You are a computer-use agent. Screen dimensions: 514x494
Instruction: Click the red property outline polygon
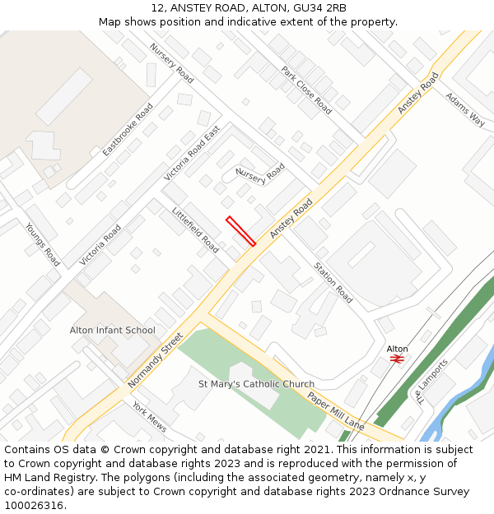[240, 231]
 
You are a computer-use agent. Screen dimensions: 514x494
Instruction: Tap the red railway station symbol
[396, 359]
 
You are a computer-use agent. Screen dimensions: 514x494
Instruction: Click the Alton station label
[397, 349]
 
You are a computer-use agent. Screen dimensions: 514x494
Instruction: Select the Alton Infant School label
[112, 331]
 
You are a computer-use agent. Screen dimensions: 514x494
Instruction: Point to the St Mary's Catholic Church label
[256, 384]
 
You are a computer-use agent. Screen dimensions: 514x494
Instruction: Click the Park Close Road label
[306, 90]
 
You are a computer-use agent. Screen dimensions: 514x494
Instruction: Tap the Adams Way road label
[465, 109]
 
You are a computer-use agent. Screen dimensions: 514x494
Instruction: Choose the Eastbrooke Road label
[128, 130]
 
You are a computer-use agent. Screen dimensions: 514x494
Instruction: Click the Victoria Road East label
[192, 154]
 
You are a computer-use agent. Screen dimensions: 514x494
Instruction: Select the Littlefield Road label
[196, 229]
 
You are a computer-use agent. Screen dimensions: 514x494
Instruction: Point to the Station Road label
[332, 282]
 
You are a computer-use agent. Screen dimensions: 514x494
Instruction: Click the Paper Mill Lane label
[336, 410]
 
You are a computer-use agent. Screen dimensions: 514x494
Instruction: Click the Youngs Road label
[42, 244]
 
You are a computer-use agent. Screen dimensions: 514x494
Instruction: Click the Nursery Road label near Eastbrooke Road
[171, 63]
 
